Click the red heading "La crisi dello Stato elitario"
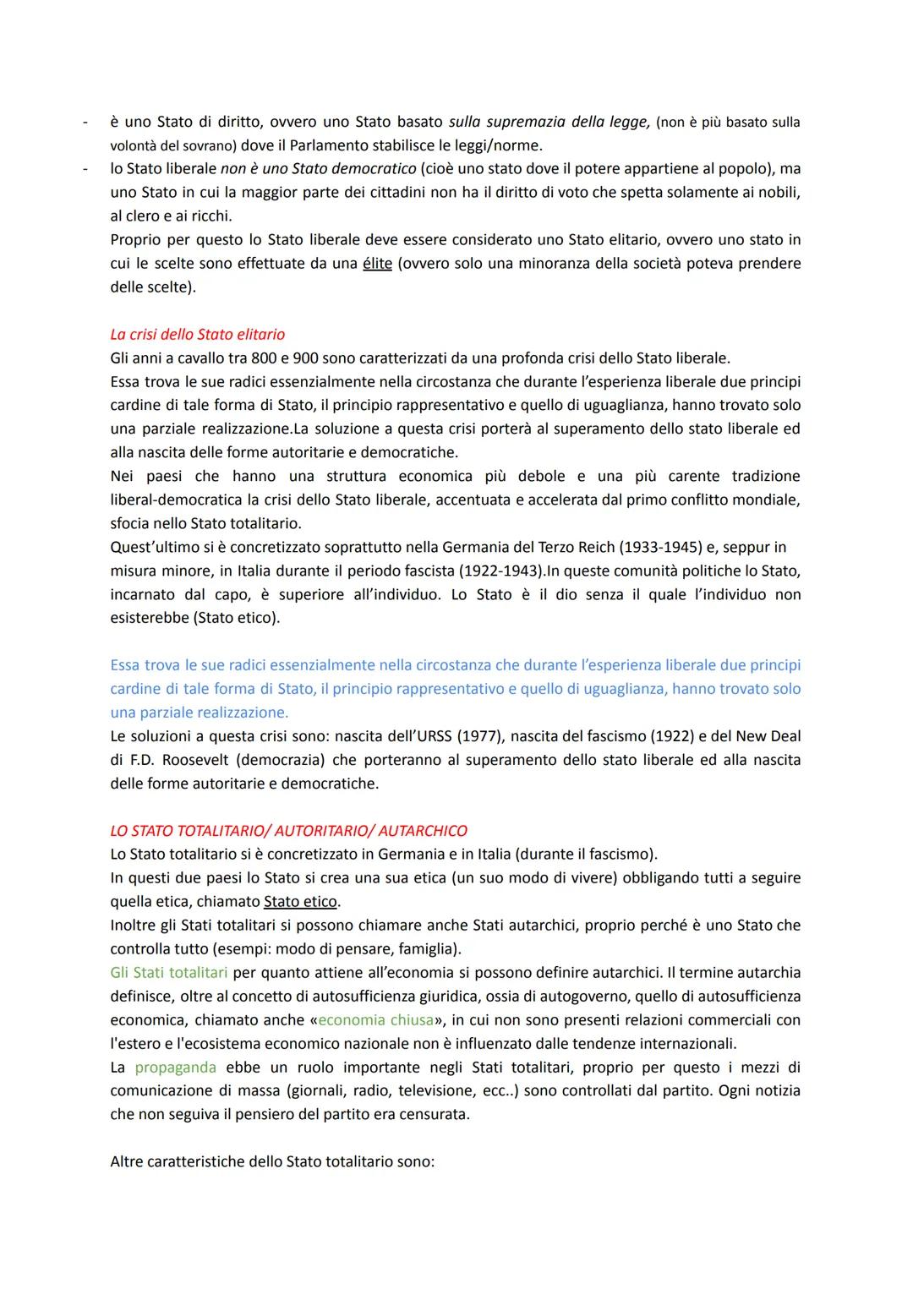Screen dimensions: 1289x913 [197, 334]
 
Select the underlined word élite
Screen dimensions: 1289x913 [377, 263]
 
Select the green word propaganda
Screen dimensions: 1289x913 [175, 1067]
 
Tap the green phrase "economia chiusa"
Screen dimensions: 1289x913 [375, 1019]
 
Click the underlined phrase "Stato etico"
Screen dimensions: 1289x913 [300, 901]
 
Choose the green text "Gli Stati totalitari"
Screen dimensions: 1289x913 [169, 972]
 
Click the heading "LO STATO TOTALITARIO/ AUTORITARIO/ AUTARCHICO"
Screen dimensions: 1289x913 [288, 830]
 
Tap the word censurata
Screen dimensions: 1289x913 [433, 1114]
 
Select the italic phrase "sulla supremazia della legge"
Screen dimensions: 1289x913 [549, 121]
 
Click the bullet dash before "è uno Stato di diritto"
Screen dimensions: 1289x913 [85, 122]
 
